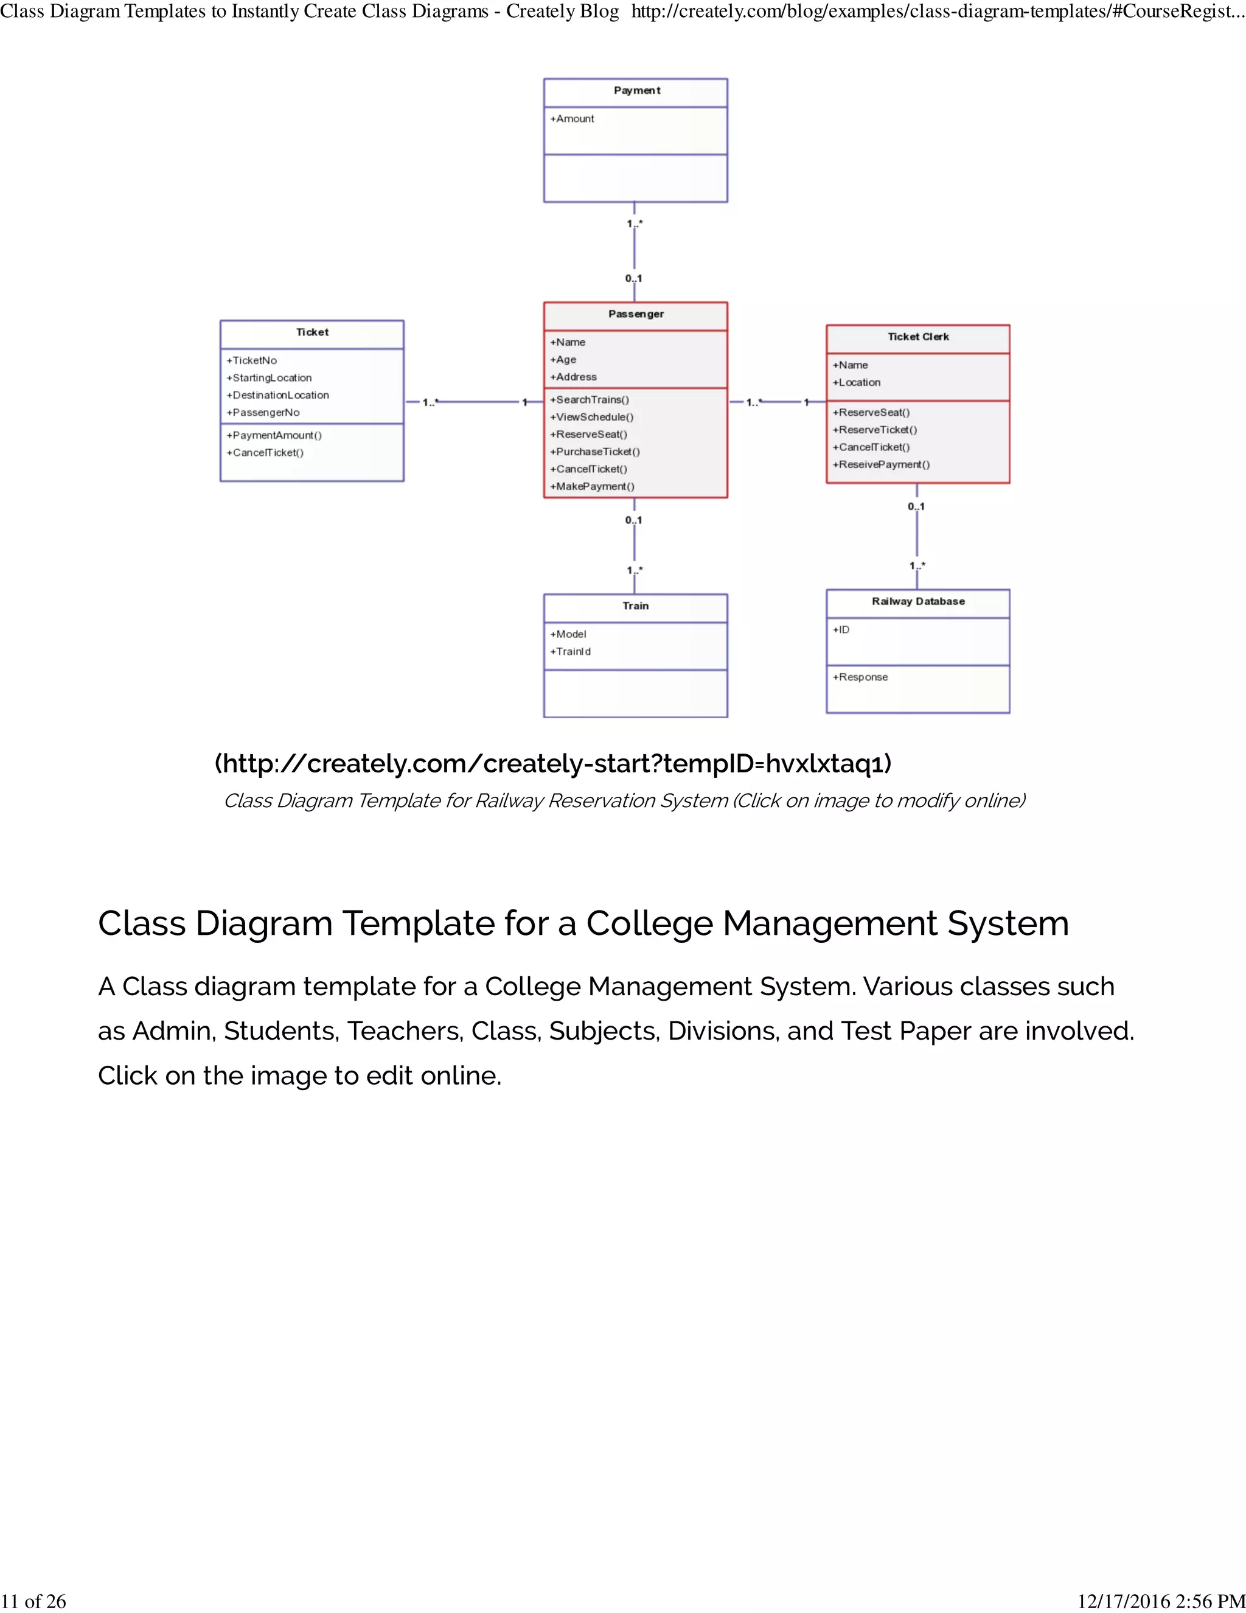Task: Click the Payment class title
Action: click(x=636, y=91)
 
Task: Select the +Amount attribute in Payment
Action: click(x=572, y=119)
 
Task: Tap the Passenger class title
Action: click(x=636, y=314)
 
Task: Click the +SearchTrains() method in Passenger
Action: click(x=590, y=399)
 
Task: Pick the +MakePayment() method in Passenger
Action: click(x=592, y=486)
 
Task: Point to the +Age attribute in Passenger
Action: click(x=563, y=360)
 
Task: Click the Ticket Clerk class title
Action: click(x=918, y=337)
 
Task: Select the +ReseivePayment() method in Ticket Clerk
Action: click(x=882, y=464)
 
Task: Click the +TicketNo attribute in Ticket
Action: click(x=252, y=360)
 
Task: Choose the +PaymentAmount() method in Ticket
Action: click(x=274, y=435)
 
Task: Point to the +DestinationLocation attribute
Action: click(x=278, y=395)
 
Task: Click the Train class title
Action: click(x=636, y=606)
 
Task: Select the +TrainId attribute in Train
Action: click(x=571, y=651)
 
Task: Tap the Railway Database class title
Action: click(x=918, y=601)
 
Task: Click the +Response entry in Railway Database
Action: click(x=861, y=677)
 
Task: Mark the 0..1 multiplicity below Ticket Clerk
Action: click(x=916, y=506)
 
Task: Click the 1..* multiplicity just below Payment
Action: click(x=635, y=224)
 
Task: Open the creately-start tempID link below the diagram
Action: click(x=553, y=764)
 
